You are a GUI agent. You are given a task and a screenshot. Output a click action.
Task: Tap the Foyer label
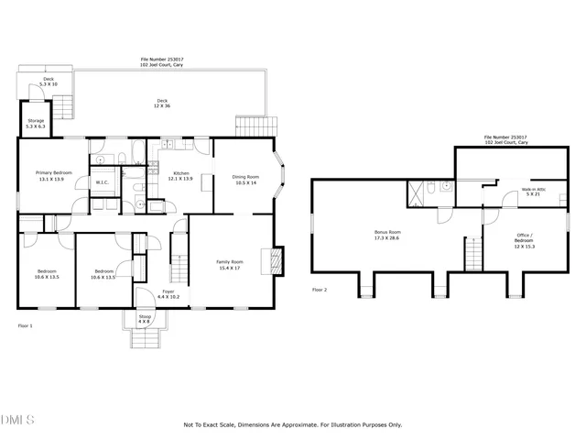(x=168, y=291)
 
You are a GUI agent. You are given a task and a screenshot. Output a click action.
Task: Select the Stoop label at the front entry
(x=144, y=316)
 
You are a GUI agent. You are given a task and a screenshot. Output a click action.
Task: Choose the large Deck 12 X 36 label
(x=162, y=102)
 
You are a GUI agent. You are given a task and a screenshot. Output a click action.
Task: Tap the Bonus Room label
(x=388, y=232)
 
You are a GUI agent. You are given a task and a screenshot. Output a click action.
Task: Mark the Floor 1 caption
(x=26, y=325)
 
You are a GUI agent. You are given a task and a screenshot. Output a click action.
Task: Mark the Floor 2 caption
(x=320, y=290)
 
